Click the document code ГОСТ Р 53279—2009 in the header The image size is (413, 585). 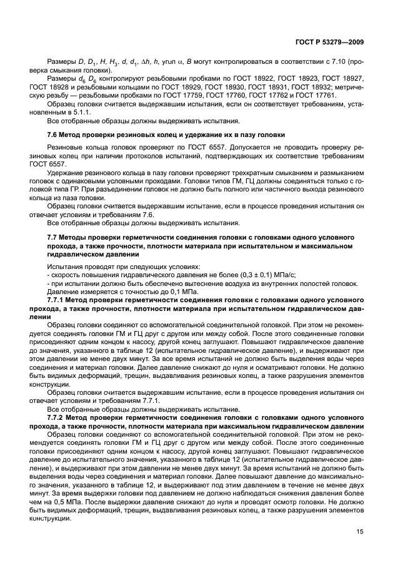329,41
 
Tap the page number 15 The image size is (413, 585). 361,531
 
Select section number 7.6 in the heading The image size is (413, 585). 54,135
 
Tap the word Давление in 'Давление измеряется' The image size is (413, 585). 63,292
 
